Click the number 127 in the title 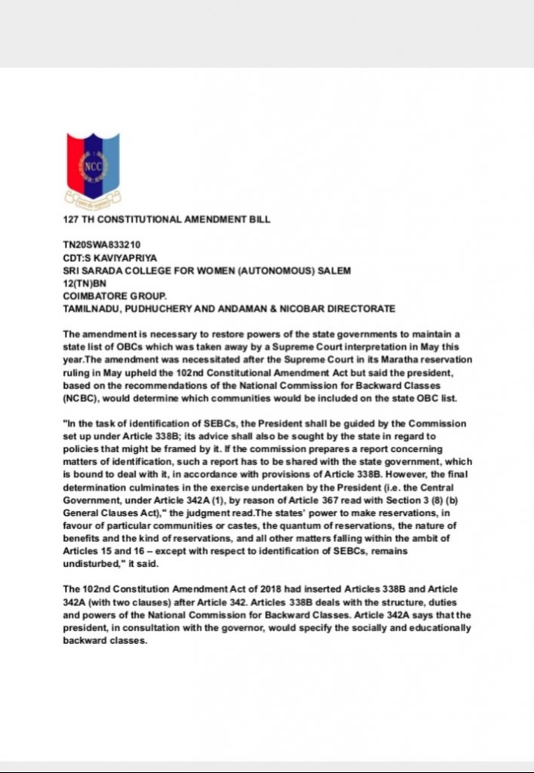72,220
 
